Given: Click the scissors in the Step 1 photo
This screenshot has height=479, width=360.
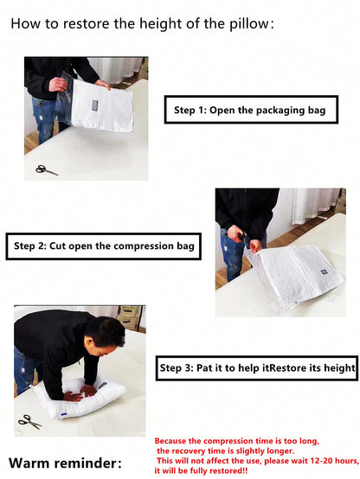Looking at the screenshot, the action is pos(47,169).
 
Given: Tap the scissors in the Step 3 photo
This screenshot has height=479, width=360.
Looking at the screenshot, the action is pos(29,421).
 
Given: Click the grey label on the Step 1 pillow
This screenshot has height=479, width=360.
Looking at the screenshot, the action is pos(95,106).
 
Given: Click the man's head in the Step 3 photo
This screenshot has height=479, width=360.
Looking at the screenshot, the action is pos(104,335).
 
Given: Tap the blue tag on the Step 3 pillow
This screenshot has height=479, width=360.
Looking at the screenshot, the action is pos(64,414).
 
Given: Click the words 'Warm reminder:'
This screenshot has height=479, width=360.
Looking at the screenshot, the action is pos(65,463).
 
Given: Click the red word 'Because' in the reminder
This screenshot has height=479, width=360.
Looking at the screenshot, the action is pos(170,441).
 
